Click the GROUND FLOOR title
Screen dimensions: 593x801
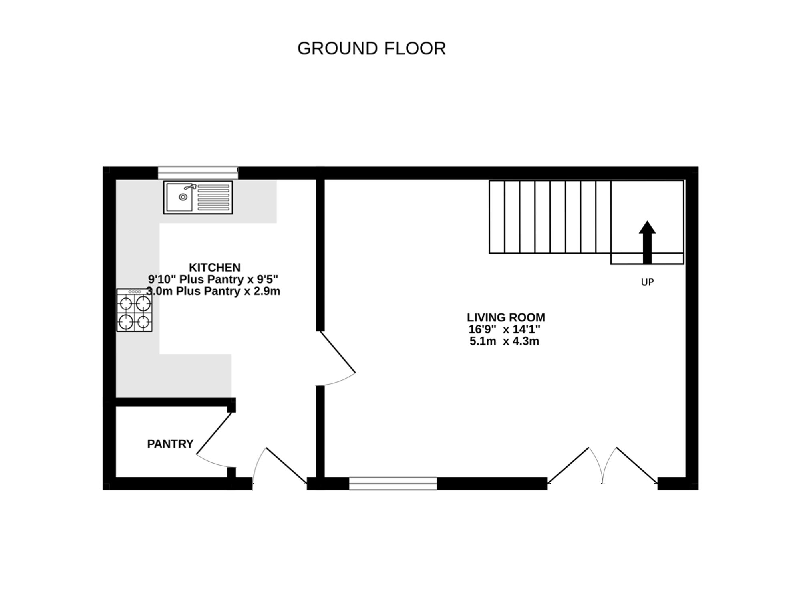click(x=371, y=48)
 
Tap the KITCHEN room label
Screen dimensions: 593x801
click(x=215, y=267)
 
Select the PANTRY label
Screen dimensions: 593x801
click(x=170, y=444)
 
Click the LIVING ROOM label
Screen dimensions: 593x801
click(x=506, y=317)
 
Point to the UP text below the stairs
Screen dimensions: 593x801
click(x=647, y=282)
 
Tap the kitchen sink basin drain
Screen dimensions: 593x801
click(x=183, y=197)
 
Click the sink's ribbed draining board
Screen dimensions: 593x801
click(x=213, y=197)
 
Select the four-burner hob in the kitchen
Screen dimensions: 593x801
click(x=134, y=311)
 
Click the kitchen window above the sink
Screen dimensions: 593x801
click(x=198, y=173)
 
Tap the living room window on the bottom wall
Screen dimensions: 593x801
click(x=393, y=483)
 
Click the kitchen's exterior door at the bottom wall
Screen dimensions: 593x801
click(x=286, y=465)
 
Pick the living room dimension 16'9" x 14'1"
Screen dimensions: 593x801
click(x=504, y=329)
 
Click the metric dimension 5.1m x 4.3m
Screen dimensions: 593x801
click(x=504, y=341)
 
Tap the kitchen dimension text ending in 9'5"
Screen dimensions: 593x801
click(x=213, y=279)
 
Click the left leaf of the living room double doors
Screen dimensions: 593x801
click(x=569, y=465)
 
